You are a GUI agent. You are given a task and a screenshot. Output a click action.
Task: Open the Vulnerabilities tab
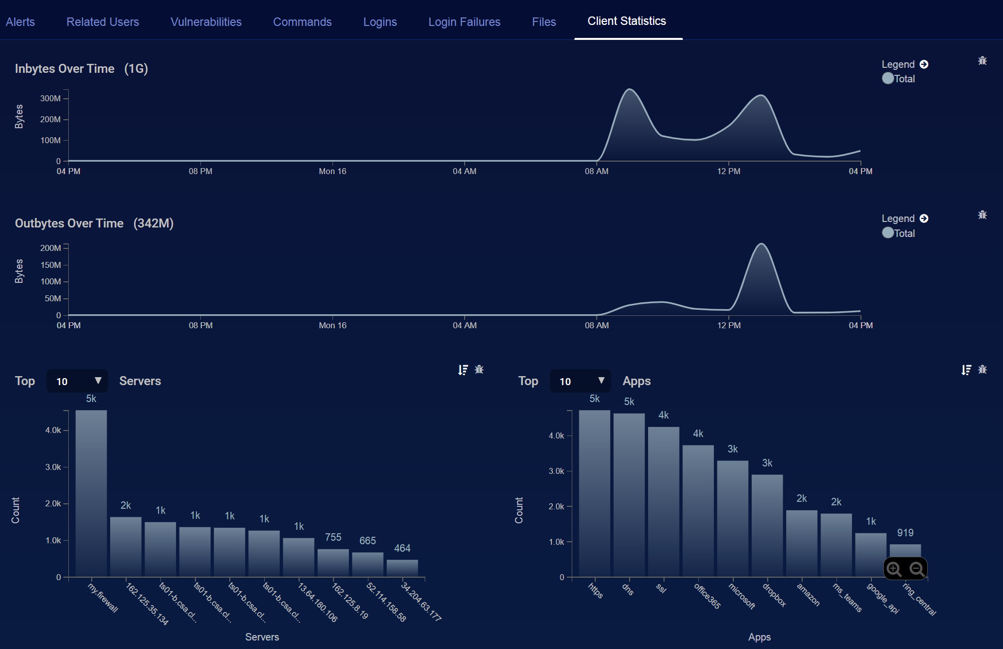point(206,22)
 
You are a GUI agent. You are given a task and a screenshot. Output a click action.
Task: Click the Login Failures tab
point(464,22)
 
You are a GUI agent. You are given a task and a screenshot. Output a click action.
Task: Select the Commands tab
point(302,22)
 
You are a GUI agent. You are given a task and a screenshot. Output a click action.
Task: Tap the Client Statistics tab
point(627,21)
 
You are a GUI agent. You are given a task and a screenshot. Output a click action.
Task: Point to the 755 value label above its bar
point(333,537)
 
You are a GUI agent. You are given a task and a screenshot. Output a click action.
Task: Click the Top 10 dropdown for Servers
point(77,381)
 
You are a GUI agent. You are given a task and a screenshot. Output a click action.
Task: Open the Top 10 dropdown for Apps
point(580,381)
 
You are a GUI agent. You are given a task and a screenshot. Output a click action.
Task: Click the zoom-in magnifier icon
point(894,569)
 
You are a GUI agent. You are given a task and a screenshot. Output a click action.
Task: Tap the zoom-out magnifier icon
point(917,569)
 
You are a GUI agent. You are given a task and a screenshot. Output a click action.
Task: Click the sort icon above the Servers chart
point(463,370)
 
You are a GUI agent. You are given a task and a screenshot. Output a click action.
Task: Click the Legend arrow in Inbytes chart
point(924,64)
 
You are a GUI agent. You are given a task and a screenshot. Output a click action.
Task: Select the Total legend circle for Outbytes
point(888,233)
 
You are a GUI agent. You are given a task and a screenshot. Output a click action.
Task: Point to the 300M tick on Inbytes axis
point(50,98)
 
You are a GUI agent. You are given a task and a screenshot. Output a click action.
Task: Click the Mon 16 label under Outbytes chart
point(333,325)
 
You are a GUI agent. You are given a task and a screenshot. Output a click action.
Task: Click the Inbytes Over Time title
point(65,69)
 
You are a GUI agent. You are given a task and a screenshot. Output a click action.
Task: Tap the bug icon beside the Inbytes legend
point(982,61)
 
